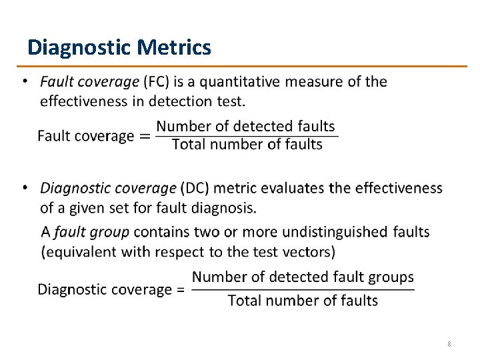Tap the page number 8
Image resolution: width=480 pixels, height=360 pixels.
449,344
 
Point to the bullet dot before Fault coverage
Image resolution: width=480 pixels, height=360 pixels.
25,82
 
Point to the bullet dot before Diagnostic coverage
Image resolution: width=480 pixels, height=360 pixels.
25,188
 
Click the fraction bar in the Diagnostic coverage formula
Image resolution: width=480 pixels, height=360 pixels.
303,289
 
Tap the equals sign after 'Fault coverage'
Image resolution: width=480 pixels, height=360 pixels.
145,136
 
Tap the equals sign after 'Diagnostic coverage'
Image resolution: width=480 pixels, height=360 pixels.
179,289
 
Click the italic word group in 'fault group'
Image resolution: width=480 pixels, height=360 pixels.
112,232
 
